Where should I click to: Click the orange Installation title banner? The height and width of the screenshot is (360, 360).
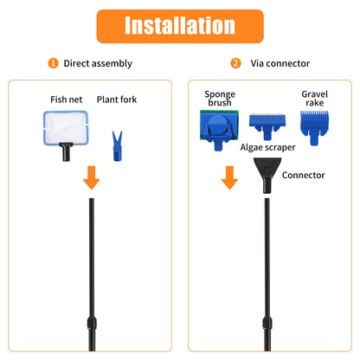pos(179,25)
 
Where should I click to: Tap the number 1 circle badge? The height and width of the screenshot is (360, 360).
pos(54,63)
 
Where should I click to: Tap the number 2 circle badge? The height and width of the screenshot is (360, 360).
pos(235,63)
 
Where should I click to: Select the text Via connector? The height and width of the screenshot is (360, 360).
pos(279,63)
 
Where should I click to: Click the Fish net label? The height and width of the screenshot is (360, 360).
pos(66,100)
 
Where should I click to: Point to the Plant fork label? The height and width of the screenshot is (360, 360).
pos(117,100)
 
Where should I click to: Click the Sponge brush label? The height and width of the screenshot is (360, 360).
pos(220,100)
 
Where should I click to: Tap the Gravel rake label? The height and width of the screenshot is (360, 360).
pos(314,100)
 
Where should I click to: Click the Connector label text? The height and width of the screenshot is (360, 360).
pos(304,175)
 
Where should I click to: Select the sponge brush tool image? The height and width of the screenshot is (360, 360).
pos(220,131)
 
